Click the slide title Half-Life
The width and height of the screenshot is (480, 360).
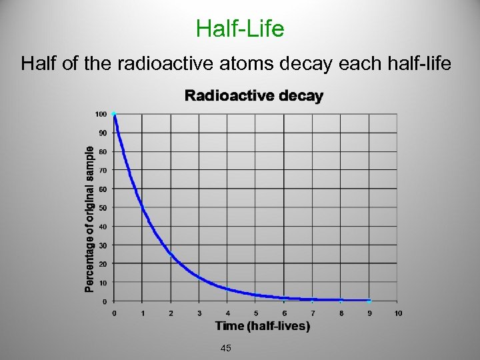[x=240, y=28]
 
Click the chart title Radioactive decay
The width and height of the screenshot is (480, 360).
[x=253, y=96]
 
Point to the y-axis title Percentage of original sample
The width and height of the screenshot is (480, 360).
[x=89, y=219]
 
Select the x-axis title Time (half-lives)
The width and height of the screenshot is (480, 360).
[x=262, y=326]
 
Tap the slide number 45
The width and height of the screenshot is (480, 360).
[x=226, y=348]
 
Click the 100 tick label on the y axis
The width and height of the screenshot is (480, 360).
[x=101, y=114]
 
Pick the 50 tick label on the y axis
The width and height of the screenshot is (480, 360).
[x=103, y=207]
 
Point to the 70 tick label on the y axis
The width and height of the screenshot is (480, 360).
[x=103, y=170]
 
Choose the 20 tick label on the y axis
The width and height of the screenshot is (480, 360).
[x=103, y=264]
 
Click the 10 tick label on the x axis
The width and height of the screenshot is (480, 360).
[x=398, y=313]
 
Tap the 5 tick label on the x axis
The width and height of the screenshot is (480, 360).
[x=256, y=313]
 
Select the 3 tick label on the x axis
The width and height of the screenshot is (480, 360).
[x=199, y=313]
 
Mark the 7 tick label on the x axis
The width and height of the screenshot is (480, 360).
[x=313, y=313]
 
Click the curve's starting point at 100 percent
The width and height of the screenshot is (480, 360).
[x=114, y=115]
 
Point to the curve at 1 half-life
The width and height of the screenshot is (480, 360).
[x=143, y=207]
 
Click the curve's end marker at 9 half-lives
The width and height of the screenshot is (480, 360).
[x=369, y=301]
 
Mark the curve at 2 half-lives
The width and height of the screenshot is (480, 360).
[x=171, y=254]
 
